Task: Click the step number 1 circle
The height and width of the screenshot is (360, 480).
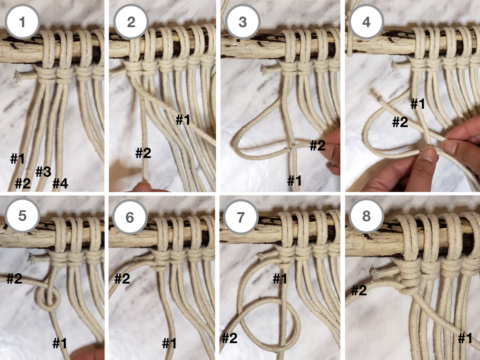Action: coord(22,22)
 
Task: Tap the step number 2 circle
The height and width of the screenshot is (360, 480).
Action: coord(131,22)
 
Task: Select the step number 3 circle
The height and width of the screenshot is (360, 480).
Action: coord(242,22)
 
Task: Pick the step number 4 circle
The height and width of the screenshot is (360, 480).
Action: coord(366,22)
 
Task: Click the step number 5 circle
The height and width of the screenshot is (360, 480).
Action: coord(22,216)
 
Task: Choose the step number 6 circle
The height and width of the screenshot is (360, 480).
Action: coord(130,217)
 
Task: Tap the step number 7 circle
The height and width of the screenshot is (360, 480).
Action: coord(240,217)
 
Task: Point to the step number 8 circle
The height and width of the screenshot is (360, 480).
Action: coord(366,216)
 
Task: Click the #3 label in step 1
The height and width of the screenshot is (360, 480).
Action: coord(43,172)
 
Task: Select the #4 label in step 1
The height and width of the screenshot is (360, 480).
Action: coord(60,183)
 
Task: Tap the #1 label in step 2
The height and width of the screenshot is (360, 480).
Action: coord(183,120)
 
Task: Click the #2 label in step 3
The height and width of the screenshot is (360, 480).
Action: coord(317,145)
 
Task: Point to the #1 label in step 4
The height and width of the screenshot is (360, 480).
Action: coord(418,104)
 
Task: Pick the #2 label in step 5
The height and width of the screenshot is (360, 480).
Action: coord(15,278)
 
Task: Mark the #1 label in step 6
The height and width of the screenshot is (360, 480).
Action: coord(169,343)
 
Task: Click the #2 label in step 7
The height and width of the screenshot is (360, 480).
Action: coord(230,338)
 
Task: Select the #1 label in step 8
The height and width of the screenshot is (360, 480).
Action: coord(465,338)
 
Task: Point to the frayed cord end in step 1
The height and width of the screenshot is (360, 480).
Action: coord(17,76)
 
